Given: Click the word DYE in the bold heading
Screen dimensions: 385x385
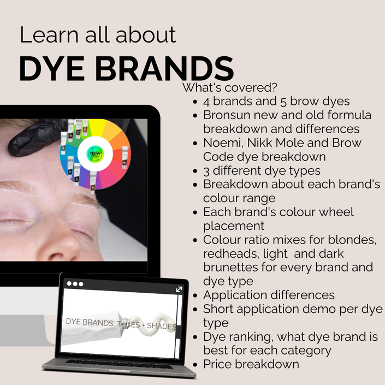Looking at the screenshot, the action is [52, 68].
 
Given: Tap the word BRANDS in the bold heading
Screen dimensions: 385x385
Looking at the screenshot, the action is [164, 68].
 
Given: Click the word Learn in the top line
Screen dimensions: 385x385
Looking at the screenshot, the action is [49, 35].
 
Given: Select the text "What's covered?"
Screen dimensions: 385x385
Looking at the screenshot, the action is [230, 87].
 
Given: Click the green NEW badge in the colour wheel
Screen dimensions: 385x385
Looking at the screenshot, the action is [95, 153].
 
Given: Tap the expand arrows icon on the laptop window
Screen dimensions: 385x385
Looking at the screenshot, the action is [179, 289].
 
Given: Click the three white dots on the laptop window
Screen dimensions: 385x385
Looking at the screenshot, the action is [75, 284].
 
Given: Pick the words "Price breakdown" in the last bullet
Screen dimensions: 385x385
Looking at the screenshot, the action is [251, 364].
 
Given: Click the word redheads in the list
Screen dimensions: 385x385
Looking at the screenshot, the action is [232, 254].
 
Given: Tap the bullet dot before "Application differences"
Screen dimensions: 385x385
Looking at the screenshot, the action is [195, 295].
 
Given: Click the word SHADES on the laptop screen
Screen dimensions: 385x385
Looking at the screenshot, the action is [161, 326].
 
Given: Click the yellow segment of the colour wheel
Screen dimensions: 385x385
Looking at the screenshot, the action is [97, 127].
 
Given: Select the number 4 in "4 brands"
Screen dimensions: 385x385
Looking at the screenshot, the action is [206, 102].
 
